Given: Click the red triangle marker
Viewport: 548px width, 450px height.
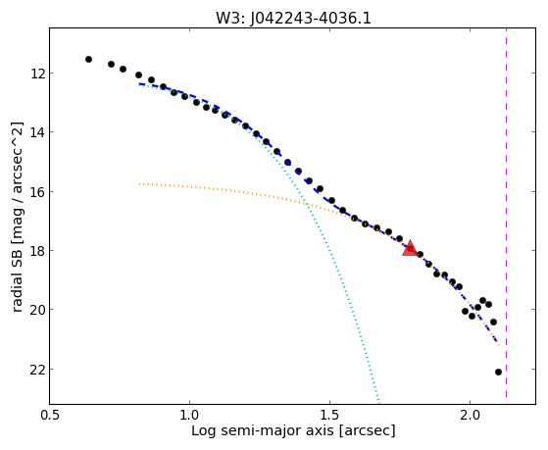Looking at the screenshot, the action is click(x=410, y=248).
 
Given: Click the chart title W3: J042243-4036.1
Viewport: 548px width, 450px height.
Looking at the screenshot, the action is click(x=293, y=19).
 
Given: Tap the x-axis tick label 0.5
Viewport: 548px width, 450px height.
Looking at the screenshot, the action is click(x=50, y=416).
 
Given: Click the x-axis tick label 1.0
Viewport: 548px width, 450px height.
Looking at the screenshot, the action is click(x=189, y=416).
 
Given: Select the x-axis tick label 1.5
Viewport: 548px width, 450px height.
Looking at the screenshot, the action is click(x=330, y=416).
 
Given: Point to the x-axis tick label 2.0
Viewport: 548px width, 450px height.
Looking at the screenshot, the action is click(x=471, y=416).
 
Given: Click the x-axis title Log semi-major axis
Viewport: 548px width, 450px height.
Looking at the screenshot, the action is click(x=262, y=430).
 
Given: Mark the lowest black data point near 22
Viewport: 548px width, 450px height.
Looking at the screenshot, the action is click(x=498, y=372).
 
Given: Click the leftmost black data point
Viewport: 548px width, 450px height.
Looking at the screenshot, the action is click(x=89, y=60).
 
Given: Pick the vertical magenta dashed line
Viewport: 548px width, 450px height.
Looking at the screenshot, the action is click(x=507, y=213).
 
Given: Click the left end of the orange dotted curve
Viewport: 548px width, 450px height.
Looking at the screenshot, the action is click(x=139, y=183).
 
